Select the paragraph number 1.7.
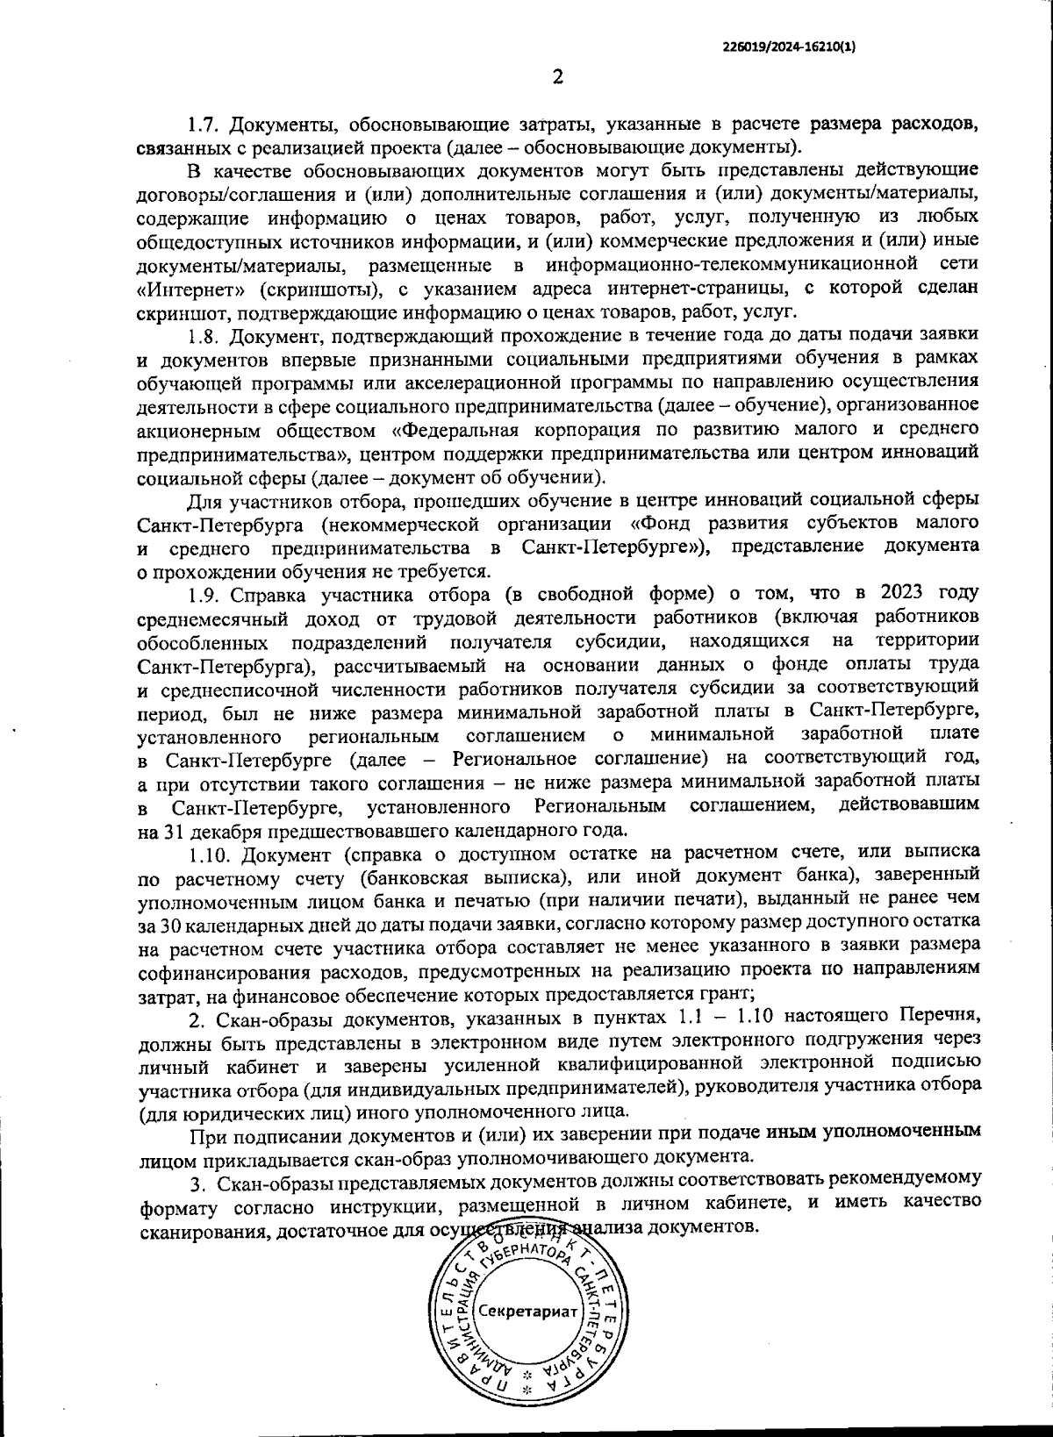click(203, 122)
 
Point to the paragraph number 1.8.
click(203, 335)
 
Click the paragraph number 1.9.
click(203, 594)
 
